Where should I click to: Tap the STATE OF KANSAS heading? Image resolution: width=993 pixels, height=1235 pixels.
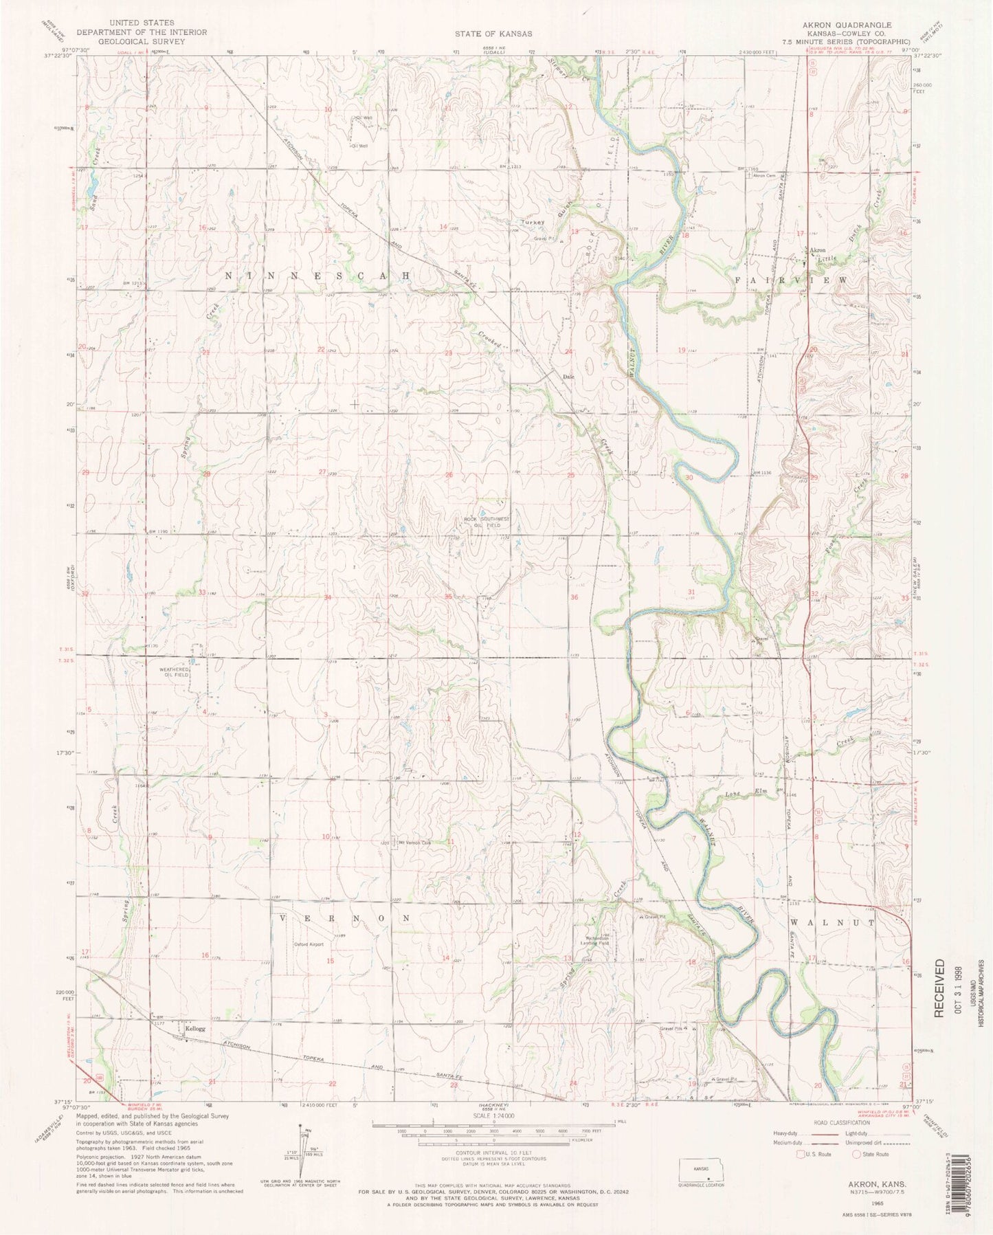coord(492,33)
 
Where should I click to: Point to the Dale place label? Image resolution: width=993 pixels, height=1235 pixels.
coord(568,377)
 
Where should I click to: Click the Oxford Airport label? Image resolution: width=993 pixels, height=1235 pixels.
coord(309,944)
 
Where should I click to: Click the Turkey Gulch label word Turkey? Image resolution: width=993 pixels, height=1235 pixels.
coord(533,223)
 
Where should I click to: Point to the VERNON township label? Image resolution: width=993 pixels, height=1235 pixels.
coord(345,918)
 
